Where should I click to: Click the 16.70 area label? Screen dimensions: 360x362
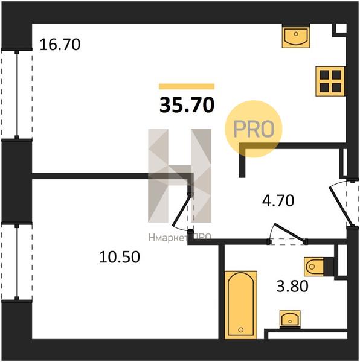click(60, 45)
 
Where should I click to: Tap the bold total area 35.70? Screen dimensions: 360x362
click(187, 105)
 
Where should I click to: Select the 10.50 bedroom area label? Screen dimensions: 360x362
click(120, 257)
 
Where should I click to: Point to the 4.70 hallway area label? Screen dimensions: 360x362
click(278, 201)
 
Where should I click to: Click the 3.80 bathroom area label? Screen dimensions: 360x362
click(292, 286)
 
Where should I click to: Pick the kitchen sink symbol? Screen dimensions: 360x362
click(296, 36)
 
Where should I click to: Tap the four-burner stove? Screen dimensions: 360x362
click(331, 81)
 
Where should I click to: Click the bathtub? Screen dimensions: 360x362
click(241, 305)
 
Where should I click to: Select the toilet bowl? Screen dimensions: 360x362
click(314, 267)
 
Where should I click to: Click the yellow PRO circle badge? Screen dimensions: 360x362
click(254, 129)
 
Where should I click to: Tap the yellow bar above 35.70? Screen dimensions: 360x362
click(187, 86)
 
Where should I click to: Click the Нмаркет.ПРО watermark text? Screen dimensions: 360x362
click(179, 238)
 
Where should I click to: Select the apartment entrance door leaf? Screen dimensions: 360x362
click(341, 206)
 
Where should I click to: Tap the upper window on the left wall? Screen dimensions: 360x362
click(17, 94)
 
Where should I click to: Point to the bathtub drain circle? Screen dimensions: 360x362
click(241, 329)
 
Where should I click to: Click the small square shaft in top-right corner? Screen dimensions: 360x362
click(341, 29)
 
